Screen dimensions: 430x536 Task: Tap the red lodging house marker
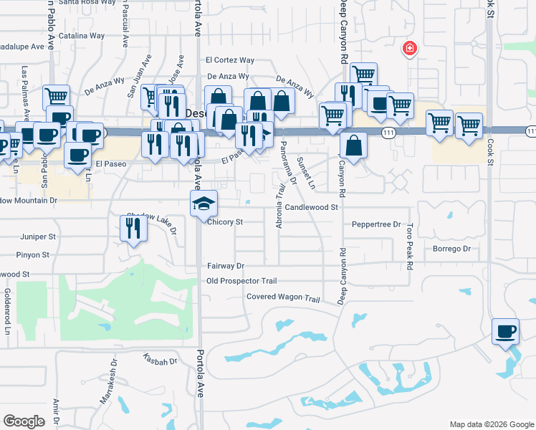409,49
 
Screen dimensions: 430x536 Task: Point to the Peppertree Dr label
376,224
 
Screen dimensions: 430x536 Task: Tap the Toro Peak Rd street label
410,245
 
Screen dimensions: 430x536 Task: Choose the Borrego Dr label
451,249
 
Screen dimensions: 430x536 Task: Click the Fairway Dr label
226,265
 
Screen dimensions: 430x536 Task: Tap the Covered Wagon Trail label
282,297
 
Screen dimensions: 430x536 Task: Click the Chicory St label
226,222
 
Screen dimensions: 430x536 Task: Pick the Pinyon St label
34,254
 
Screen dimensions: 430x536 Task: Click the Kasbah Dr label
159,360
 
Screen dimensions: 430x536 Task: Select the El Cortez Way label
229,60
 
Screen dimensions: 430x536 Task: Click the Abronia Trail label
279,208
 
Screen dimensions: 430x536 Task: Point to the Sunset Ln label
306,172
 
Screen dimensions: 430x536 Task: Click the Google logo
24,421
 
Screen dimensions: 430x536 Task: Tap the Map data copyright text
492,424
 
